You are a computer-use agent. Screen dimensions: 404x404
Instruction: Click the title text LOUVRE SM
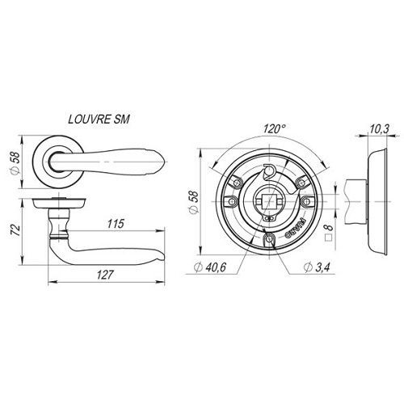click(99, 119)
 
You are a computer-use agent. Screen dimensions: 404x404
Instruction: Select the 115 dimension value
click(116, 224)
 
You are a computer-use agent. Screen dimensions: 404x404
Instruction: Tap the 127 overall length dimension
click(104, 275)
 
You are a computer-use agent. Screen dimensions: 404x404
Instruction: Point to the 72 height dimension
click(15, 229)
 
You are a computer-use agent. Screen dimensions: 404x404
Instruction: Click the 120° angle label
click(274, 129)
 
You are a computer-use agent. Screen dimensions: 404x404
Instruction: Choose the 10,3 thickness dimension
click(379, 129)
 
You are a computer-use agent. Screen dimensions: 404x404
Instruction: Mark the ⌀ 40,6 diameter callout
click(210, 267)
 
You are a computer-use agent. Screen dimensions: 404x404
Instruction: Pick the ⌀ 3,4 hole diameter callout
click(317, 267)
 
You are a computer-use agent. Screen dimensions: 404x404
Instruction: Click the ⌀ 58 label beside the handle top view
click(15, 163)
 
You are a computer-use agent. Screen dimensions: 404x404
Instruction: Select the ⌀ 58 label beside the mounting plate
click(193, 201)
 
